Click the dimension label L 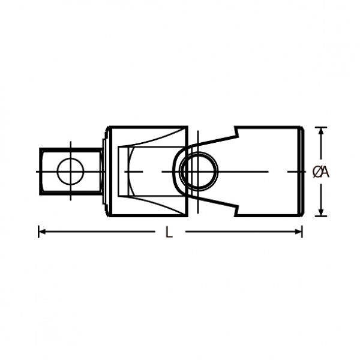(169, 232)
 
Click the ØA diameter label (321, 172)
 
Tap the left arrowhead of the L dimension (42, 232)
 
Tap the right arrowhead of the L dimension (298, 232)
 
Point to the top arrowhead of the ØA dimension (321, 131)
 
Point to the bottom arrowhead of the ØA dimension (321, 212)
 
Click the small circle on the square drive (70, 172)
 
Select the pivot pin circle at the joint (199, 172)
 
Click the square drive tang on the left (70, 172)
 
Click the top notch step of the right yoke (236, 133)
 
